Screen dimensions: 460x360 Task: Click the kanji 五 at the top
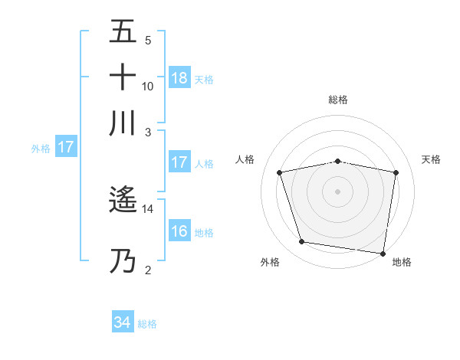(123, 33)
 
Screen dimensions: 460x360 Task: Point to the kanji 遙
(123, 201)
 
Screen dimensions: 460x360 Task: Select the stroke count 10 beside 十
(148, 86)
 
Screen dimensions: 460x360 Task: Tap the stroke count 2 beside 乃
(148, 270)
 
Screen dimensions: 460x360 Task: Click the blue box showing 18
(179, 78)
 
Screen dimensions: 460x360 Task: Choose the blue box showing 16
(179, 231)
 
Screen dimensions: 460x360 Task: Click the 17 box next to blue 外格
(65, 148)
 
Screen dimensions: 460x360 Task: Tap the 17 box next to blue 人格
(179, 162)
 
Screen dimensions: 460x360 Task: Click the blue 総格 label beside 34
(147, 324)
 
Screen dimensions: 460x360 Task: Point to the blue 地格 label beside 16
(204, 232)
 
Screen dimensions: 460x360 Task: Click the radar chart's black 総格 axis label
(338, 100)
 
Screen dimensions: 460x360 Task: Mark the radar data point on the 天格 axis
(396, 172)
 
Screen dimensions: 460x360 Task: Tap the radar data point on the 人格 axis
(281, 172)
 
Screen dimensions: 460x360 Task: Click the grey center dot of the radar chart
(338, 191)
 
